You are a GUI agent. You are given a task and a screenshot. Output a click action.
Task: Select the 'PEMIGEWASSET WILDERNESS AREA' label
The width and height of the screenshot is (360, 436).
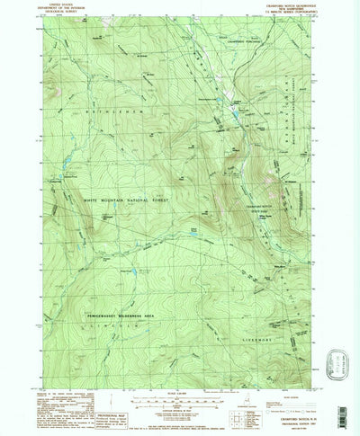(123, 292)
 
